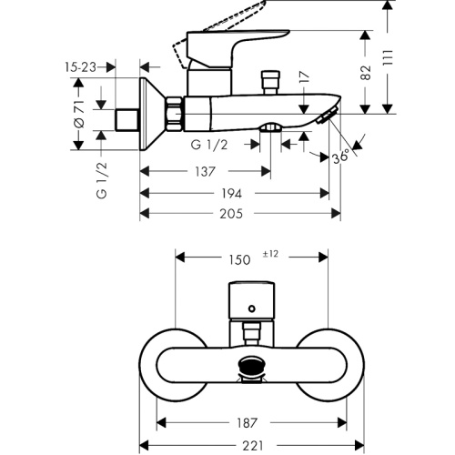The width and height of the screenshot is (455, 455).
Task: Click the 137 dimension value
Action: coord(205,172)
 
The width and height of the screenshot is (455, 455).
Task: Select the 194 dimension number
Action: coord(231,194)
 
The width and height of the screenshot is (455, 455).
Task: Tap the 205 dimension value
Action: coord(231,214)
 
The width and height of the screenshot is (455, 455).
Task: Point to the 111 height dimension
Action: coord(388,57)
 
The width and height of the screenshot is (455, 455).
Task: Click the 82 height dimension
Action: coord(367,72)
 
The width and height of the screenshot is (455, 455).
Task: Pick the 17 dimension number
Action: coord(305,77)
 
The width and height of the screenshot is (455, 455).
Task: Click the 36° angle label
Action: coord(340,157)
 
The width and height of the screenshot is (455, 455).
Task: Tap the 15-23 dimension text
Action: coord(80,67)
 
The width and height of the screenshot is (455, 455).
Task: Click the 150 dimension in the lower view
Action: coord(239,260)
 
